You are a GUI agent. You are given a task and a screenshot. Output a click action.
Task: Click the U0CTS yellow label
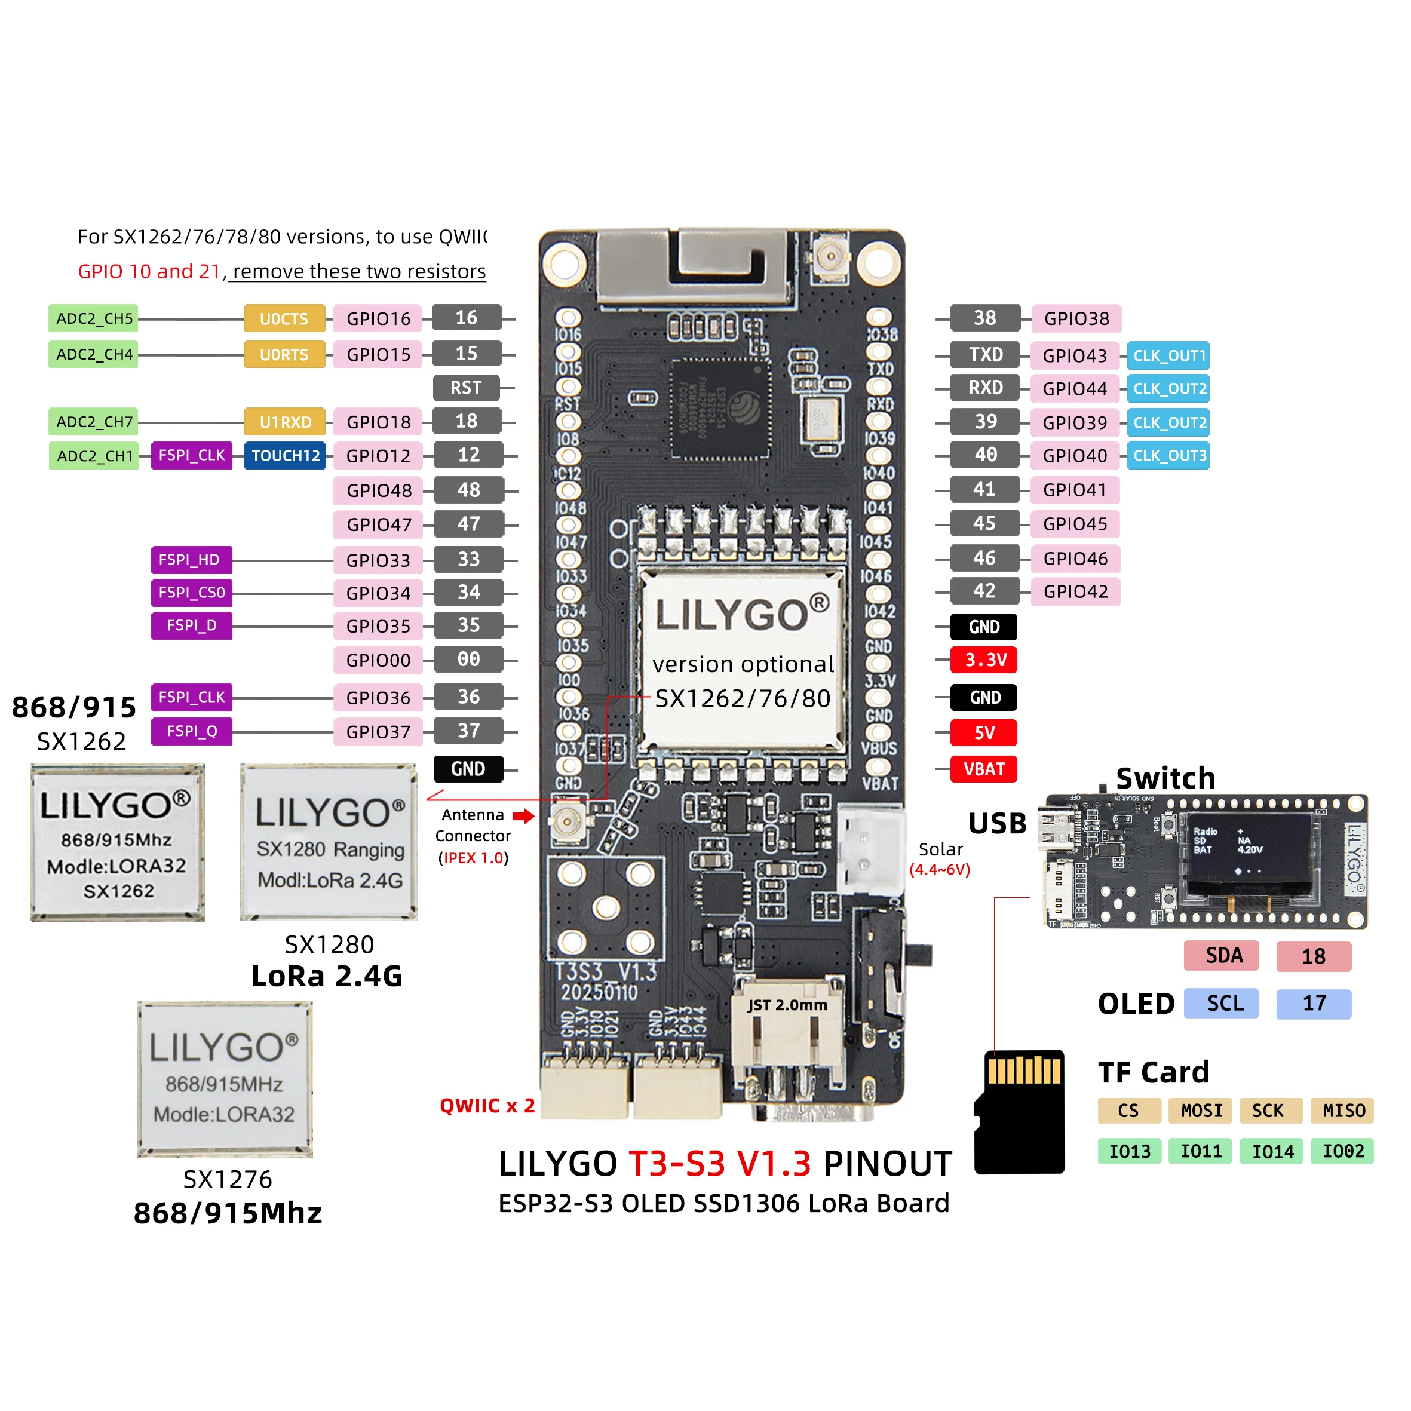284,318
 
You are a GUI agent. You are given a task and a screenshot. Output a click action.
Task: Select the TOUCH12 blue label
285,456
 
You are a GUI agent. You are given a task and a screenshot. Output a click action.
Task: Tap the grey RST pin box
466,388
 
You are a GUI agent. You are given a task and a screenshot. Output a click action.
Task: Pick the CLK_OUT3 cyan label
1168,455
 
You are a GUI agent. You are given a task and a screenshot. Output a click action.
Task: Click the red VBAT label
983,769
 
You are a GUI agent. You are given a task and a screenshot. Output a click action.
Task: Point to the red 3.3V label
984,660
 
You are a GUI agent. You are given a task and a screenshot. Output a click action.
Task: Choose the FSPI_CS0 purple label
191,593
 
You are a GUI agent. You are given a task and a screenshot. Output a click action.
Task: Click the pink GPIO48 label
378,491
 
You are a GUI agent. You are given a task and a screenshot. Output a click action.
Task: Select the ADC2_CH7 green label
93,422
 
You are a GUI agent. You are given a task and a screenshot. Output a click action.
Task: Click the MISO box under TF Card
1342,1111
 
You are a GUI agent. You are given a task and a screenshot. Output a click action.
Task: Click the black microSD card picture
1020,1114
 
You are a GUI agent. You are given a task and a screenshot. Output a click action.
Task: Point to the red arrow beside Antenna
523,816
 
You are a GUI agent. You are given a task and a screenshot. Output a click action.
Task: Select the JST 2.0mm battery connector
787,1037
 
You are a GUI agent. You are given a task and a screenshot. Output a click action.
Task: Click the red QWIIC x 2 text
487,1106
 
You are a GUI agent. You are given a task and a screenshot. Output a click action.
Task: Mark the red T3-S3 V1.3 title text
719,1164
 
